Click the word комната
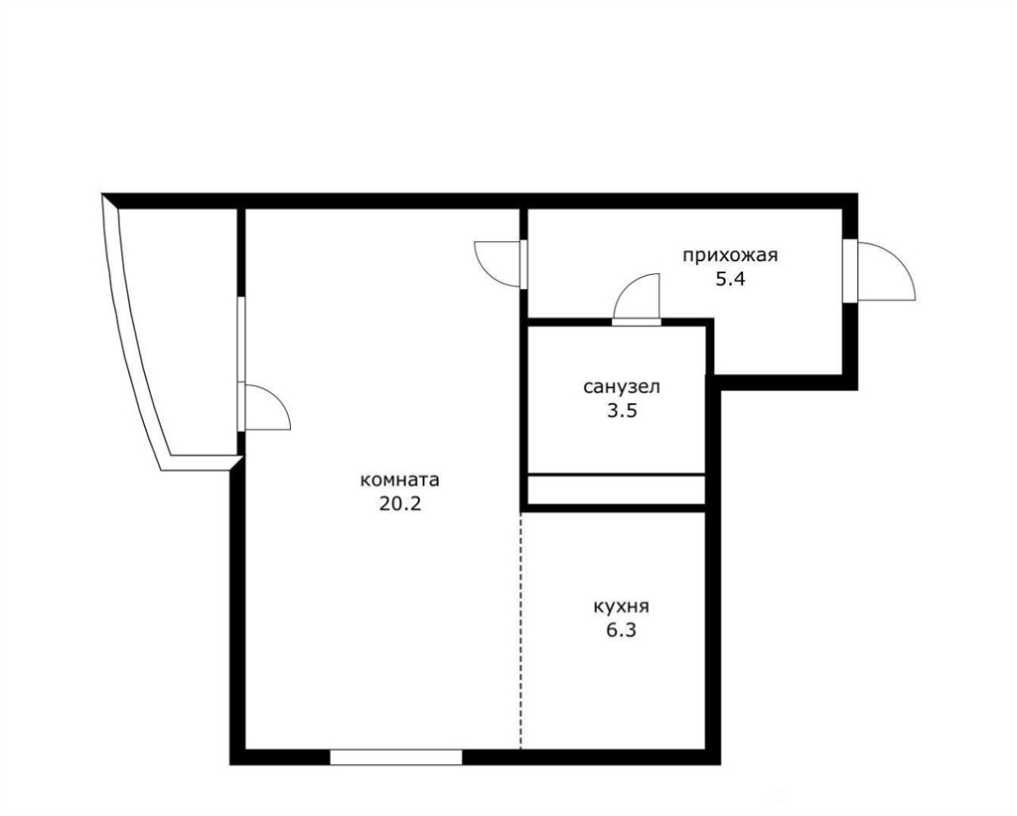pos(399,480)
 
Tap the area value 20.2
pos(400,503)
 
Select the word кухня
pos(622,608)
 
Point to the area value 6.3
pos(622,630)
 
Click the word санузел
pos(622,387)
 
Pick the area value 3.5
pos(622,411)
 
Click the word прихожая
pos(730,255)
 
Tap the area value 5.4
pos(730,279)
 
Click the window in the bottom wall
pos(395,757)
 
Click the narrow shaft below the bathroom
pos(616,489)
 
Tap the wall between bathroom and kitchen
pos(616,507)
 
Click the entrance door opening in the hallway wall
pos(850,271)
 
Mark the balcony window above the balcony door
pos(240,339)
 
